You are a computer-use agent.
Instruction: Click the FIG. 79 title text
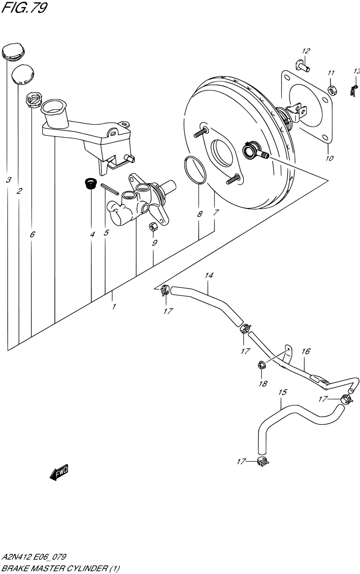click(24, 8)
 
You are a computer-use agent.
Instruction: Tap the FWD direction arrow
click(59, 472)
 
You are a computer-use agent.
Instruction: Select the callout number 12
click(306, 51)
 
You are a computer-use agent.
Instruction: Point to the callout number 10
click(329, 158)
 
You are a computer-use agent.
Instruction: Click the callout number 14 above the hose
click(209, 276)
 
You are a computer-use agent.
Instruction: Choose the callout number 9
click(154, 242)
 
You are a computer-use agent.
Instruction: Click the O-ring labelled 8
click(195, 170)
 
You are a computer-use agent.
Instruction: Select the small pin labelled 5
click(110, 189)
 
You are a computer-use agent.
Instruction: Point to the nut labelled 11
click(332, 90)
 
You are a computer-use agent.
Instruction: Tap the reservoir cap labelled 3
click(13, 53)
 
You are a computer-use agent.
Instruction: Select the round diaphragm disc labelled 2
click(23, 74)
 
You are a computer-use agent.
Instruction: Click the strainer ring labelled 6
click(34, 100)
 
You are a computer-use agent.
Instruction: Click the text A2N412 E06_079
click(34, 557)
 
